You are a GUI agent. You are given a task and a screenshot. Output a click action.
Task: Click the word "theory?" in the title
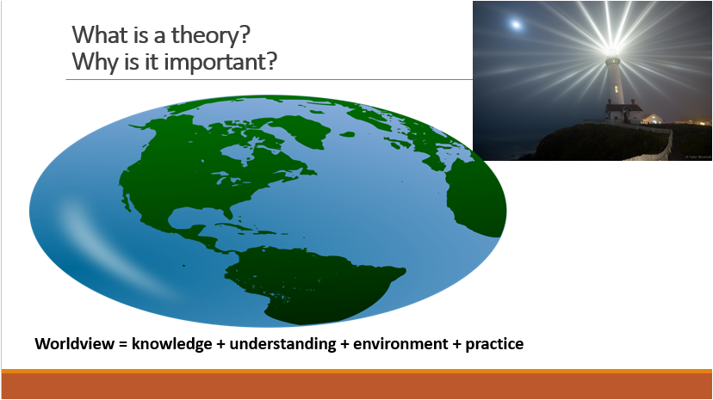210,35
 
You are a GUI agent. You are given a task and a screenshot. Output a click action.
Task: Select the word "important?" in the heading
220,62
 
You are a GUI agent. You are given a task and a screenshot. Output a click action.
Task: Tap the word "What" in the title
94,34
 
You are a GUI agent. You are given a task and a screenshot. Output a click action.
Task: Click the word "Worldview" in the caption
75,344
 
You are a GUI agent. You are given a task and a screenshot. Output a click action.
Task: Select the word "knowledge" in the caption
172,344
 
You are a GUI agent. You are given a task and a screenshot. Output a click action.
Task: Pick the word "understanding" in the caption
282,344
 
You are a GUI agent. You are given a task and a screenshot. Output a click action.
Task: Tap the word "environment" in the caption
400,344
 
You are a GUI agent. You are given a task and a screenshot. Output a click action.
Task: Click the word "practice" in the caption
494,345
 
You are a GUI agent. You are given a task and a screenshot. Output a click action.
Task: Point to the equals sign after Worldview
123,344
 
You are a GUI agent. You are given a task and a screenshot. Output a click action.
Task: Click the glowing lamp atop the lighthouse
612,50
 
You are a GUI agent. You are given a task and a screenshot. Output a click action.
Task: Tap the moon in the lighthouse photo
516,24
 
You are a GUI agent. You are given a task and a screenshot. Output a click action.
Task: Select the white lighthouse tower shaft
614,82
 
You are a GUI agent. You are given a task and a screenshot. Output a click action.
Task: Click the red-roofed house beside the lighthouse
623,113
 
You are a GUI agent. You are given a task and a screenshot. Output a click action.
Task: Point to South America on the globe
309,282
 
